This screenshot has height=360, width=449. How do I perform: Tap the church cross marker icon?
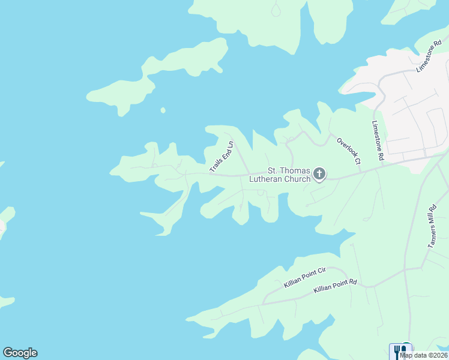point(319,175)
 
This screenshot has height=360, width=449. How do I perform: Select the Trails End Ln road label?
point(221,157)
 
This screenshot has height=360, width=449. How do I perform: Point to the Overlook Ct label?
point(349,151)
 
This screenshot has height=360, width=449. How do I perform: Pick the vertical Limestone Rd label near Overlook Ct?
point(378,140)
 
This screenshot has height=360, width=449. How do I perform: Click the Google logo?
point(20,353)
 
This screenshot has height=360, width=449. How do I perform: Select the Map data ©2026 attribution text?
point(424,355)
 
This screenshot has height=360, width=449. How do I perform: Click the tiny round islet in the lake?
point(163,110)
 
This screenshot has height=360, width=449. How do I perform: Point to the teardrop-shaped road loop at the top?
point(276,10)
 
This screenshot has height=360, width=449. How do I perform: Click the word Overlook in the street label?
point(346,146)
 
